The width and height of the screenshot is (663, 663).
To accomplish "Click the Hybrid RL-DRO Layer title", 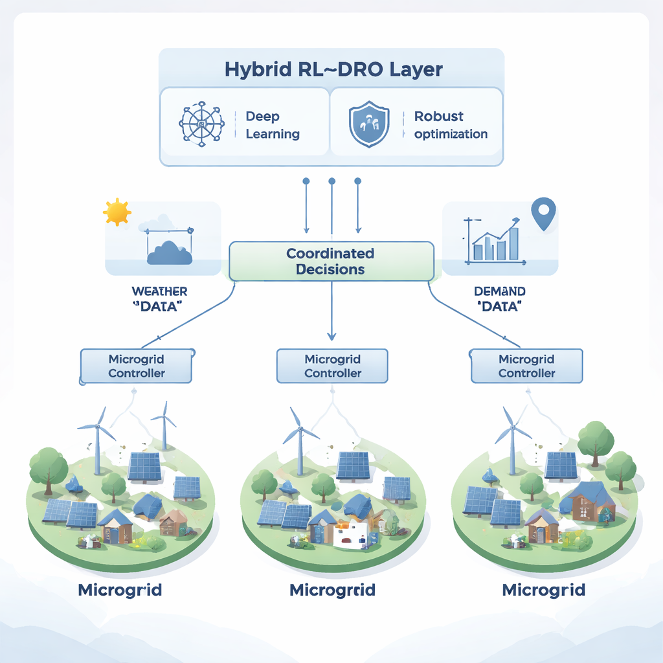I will coord(333,69).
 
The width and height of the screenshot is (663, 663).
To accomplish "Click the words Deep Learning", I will coord(272,125).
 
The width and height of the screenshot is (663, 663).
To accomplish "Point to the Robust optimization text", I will coord(451,125).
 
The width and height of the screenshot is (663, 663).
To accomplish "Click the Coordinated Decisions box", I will coord(331,261).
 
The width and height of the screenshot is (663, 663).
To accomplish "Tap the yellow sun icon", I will coord(117,212).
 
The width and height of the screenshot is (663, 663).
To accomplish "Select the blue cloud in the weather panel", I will coord(170,253).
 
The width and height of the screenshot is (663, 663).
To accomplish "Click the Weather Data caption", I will coord(159,298).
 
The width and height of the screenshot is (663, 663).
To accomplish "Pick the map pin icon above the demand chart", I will coord(543,214).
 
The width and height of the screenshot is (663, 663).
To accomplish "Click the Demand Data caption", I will coord(499,298).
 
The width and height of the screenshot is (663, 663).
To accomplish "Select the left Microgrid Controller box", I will coord(137,366).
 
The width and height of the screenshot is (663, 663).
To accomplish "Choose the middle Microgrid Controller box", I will coord(332,366).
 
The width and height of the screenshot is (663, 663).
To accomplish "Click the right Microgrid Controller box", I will coord(526,366).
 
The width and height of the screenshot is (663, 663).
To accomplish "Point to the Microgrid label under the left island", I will coord(120,590).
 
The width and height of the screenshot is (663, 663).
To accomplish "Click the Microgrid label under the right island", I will coord(544,590).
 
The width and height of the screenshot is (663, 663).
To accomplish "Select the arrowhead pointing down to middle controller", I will coord(331,336).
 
